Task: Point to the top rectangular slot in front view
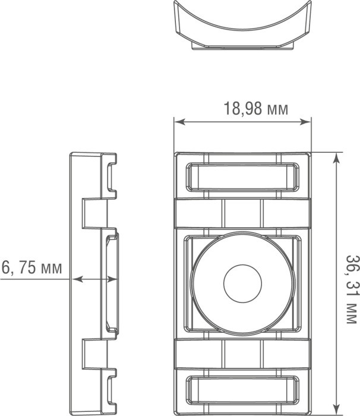click(x=242, y=177)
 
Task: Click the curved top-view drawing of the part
click(x=242, y=30)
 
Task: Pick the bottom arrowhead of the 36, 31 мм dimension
click(x=337, y=410)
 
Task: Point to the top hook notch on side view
click(x=112, y=175)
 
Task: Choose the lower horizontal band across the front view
click(x=242, y=355)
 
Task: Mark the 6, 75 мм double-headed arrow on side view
click(x=94, y=278)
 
